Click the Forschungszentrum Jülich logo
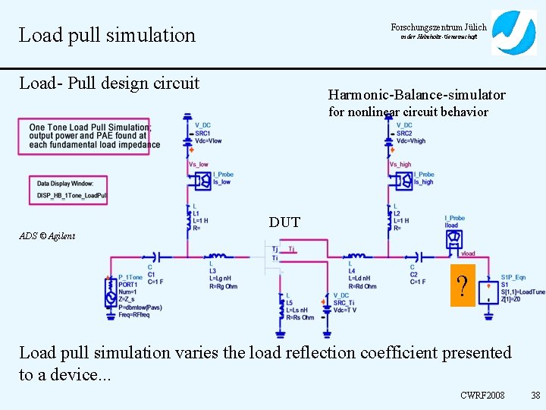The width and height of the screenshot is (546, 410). pos(513,33)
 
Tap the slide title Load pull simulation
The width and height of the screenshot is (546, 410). pos(107,35)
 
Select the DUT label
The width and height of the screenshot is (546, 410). pos(284,222)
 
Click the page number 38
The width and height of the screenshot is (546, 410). pos(535,396)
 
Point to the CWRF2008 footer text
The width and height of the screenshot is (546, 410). pos(482,396)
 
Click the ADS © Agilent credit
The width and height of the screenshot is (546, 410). pos(47,236)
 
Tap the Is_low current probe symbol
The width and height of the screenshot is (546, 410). pos(202,181)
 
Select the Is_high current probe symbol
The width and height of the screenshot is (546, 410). pos(403,181)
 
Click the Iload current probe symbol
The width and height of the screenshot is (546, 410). pos(453,238)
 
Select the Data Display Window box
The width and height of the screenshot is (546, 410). pos(73,190)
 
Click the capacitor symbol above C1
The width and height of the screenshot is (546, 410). pos(157,256)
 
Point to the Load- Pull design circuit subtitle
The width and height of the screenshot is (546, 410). pos(109,82)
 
